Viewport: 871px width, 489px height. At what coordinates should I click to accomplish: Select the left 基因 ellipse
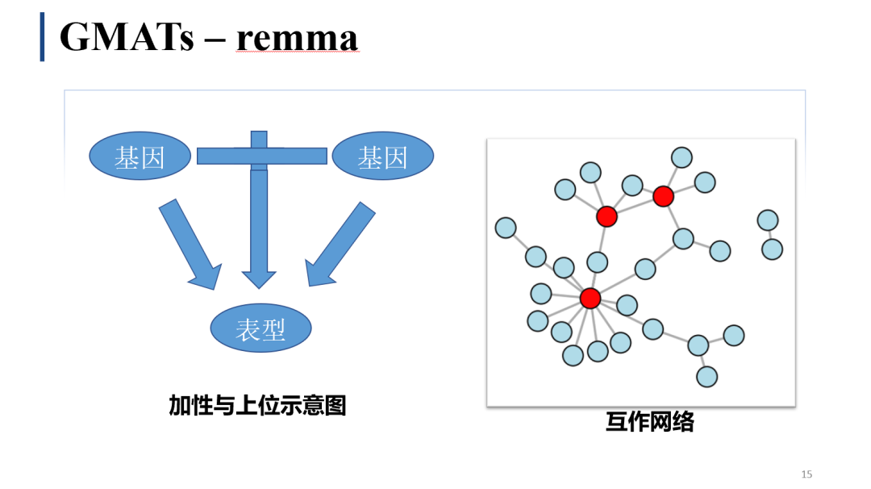click(x=140, y=157)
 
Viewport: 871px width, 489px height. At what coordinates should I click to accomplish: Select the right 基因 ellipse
click(x=382, y=157)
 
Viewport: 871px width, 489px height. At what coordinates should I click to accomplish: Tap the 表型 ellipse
click(x=260, y=328)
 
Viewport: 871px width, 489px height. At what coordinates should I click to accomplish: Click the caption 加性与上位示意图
click(x=257, y=405)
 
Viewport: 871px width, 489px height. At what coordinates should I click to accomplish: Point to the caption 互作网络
click(x=649, y=422)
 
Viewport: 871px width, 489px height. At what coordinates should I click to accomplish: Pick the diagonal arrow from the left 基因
click(x=190, y=244)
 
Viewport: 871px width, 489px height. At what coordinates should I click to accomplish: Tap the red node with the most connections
click(x=590, y=298)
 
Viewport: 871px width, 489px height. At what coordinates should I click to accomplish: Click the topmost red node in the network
click(x=663, y=195)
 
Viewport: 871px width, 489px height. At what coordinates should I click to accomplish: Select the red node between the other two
click(x=606, y=215)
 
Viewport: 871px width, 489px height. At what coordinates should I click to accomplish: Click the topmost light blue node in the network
click(x=681, y=157)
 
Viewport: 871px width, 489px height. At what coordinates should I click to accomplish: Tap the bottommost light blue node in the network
click(x=706, y=376)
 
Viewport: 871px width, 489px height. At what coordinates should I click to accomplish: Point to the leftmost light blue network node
click(x=506, y=228)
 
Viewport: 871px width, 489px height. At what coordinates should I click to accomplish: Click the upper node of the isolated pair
click(x=768, y=219)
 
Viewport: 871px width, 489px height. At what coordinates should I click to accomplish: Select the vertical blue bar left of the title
click(x=42, y=37)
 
